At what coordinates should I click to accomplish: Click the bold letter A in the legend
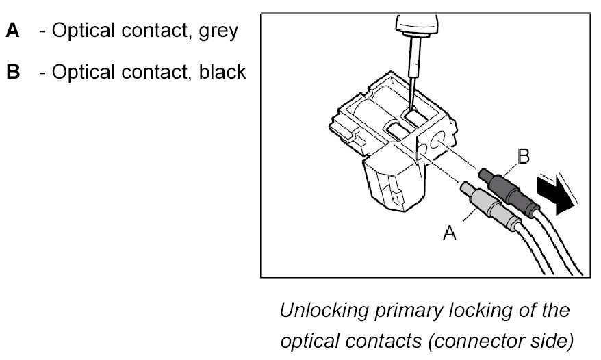point(14,31)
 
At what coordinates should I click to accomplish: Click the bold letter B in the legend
point(14,73)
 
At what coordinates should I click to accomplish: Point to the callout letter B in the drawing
point(523,157)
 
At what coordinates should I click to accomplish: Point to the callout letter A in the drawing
point(450,234)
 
